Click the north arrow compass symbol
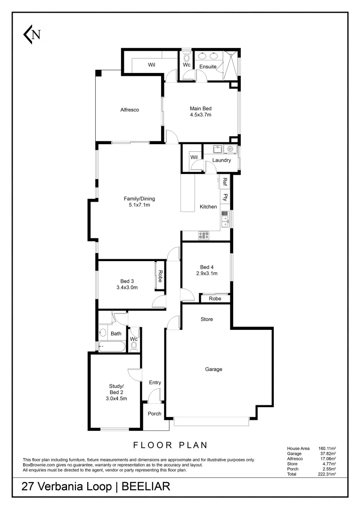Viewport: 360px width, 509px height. [32, 34]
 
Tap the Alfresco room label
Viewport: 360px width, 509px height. [130, 110]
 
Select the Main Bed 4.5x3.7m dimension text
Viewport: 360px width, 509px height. [201, 115]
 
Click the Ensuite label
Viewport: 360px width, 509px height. [208, 67]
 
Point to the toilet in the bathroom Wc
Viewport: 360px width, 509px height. [133, 346]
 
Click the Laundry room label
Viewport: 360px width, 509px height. [221, 160]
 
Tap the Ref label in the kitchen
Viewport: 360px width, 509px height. [225, 181]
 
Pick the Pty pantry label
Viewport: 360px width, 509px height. [226, 197]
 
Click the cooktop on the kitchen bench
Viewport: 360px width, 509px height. [204, 235]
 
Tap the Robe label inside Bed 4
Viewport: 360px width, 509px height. [215, 298]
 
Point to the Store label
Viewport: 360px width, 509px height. [207, 319]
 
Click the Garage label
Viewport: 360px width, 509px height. [213, 369]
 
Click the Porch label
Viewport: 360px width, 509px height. [155, 414]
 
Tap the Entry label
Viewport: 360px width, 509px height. [155, 383]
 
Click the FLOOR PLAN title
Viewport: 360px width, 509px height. [171, 444]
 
